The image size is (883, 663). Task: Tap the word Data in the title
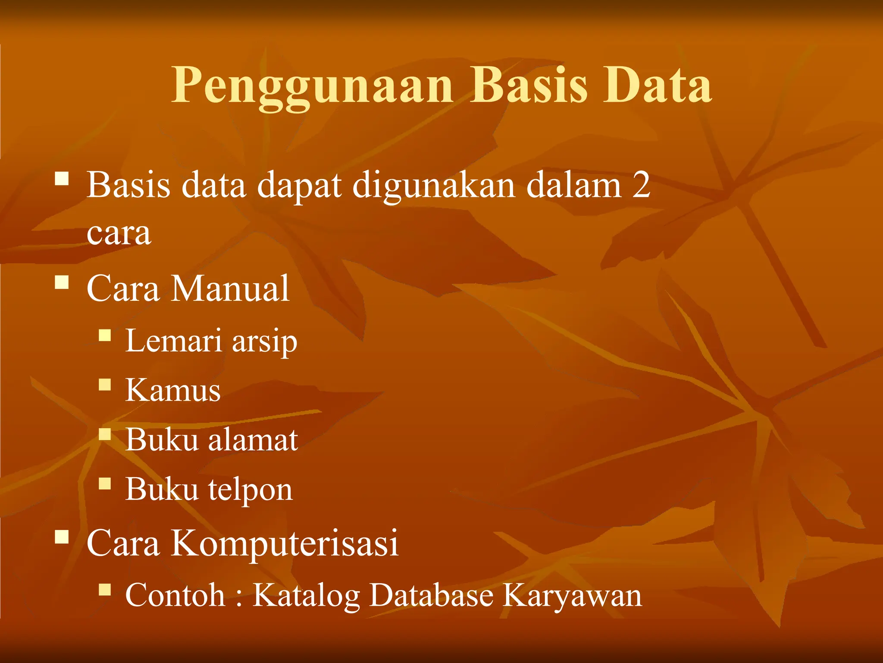coord(657,85)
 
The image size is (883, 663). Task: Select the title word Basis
coord(528,85)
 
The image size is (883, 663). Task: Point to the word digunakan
coord(434,186)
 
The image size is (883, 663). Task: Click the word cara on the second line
coord(119,233)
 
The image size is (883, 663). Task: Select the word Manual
coord(230,288)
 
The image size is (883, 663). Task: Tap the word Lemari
coord(173,341)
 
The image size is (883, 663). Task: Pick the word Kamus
coord(173,390)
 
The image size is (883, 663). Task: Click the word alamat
coord(253,440)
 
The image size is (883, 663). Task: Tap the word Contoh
coord(175,595)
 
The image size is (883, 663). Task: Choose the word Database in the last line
coord(431,595)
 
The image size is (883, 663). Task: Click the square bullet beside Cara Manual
coord(62,282)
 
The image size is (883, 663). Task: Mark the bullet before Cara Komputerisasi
coord(62,537)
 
